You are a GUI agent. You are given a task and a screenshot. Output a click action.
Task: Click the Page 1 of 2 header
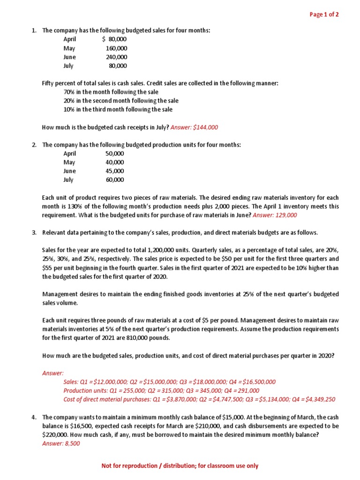[324, 15]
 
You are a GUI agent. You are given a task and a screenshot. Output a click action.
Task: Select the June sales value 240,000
[116, 57]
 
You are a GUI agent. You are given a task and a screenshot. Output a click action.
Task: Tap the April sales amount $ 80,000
[114, 39]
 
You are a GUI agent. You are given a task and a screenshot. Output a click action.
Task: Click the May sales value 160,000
[116, 48]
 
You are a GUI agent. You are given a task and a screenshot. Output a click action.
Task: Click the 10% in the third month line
[118, 110]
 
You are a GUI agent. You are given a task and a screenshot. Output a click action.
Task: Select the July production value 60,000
[115, 180]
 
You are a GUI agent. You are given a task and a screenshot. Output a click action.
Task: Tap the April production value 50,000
[115, 154]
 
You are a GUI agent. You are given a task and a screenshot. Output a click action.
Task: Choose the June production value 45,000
[115, 171]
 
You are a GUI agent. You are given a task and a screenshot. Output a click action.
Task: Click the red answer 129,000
[285, 215]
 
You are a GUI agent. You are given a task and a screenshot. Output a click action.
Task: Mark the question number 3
[34, 233]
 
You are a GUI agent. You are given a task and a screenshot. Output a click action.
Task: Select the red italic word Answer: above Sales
[52, 373]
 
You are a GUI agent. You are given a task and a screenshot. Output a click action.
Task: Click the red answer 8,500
[72, 443]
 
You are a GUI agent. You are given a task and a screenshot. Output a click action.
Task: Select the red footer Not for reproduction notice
[180, 466]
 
